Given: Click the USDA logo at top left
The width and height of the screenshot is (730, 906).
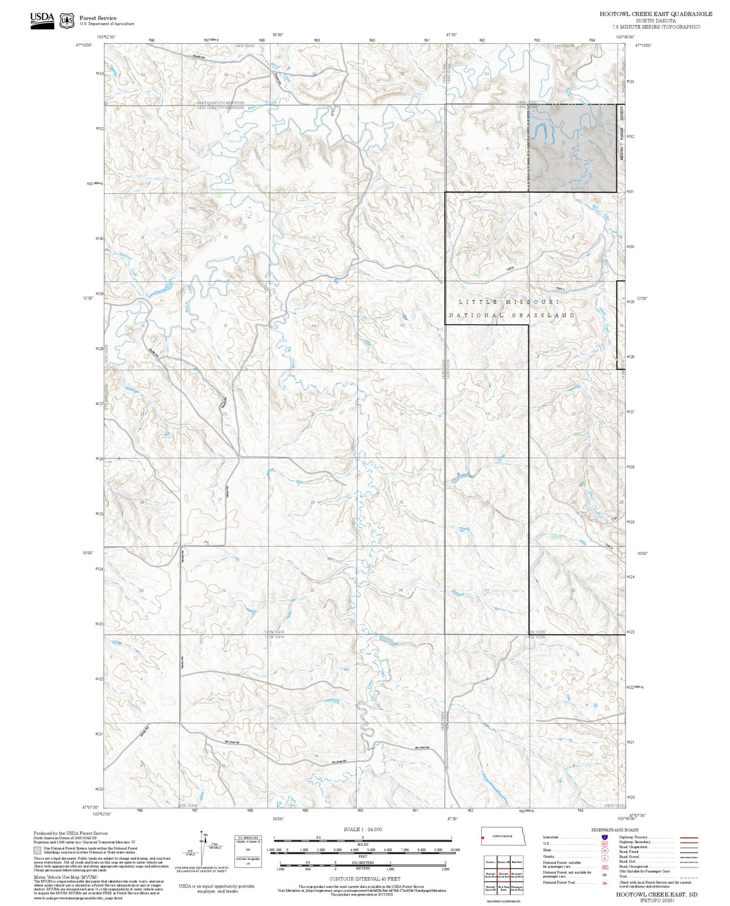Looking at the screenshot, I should coord(42,20).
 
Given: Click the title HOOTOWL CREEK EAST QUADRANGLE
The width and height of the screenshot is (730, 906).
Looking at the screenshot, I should coord(656,14).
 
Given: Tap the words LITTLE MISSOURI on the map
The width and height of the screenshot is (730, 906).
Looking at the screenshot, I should coord(509,302).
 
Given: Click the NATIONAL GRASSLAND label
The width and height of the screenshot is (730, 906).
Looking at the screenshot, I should coord(511,315).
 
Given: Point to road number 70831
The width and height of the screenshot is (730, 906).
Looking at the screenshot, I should coord(510,268).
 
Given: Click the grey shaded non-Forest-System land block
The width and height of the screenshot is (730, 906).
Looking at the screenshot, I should coord(572,148).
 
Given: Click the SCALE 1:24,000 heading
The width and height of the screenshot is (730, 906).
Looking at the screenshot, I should coord(363,829).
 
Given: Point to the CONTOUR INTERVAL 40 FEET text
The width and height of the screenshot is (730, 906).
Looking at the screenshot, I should coord(365,879).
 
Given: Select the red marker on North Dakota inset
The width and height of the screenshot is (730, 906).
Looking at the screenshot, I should coord(483,838).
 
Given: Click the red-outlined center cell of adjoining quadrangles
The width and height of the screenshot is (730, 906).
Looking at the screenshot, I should coord(503,874).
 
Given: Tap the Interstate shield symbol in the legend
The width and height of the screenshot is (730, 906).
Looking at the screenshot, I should coord(604,837).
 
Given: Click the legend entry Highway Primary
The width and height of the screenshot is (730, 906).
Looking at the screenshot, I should coord(634,837).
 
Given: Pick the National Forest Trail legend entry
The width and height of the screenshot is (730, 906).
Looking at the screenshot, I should coord(561,882).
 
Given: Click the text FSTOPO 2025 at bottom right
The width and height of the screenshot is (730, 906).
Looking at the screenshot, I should coord(657,901).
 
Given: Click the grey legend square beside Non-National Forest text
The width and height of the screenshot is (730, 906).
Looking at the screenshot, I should coord(37,850).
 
